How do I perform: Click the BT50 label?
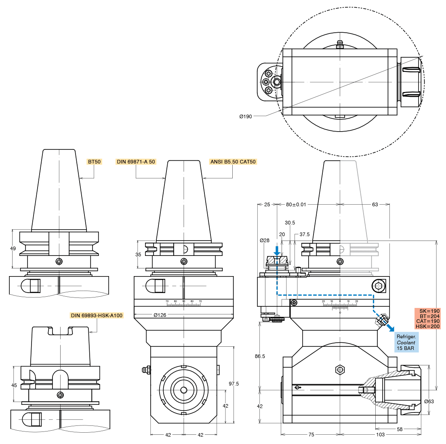point(95,162)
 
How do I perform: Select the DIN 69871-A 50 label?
point(136,162)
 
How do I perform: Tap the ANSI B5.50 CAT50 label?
point(233,162)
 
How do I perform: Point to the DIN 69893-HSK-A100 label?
point(97,316)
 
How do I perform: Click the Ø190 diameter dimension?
point(246,117)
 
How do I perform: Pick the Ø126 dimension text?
point(160,315)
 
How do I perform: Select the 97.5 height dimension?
point(234,383)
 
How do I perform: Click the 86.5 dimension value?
point(260,356)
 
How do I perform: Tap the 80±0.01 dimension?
point(296,205)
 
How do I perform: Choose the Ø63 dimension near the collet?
point(429,401)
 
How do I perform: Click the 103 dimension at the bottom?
point(380,435)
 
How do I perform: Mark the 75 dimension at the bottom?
point(311,435)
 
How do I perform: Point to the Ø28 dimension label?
point(264,240)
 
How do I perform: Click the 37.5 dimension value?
point(305,234)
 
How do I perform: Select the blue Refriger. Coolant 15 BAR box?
point(406,342)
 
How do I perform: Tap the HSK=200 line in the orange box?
point(428,326)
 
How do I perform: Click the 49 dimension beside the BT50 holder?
point(13,249)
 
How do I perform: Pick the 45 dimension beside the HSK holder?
point(14,385)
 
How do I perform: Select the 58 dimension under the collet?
point(400,429)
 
